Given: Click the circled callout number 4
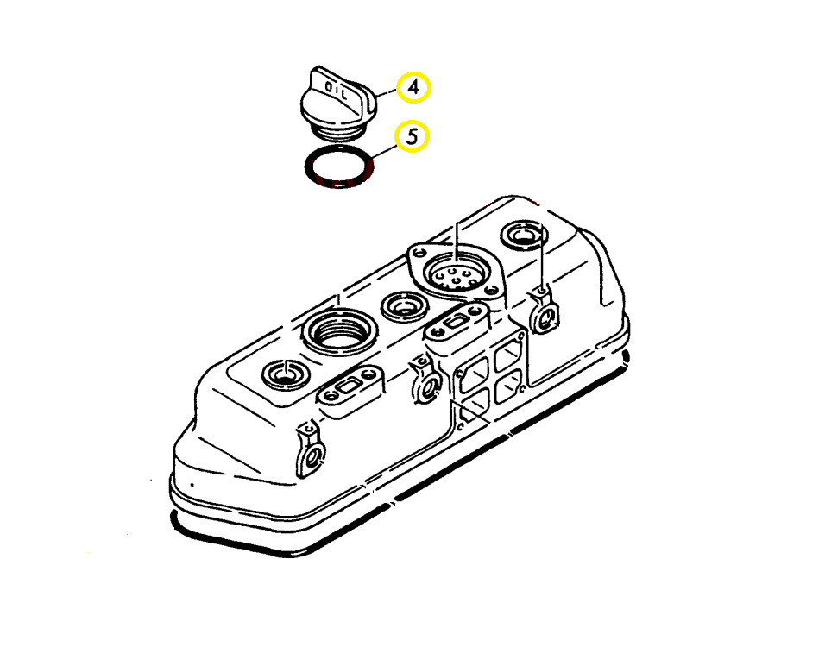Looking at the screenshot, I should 413,87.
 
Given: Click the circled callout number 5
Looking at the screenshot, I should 412,136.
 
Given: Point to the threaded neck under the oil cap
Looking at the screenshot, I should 336,129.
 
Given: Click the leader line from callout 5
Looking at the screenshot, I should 384,148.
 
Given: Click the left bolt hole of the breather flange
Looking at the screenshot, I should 419,255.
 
